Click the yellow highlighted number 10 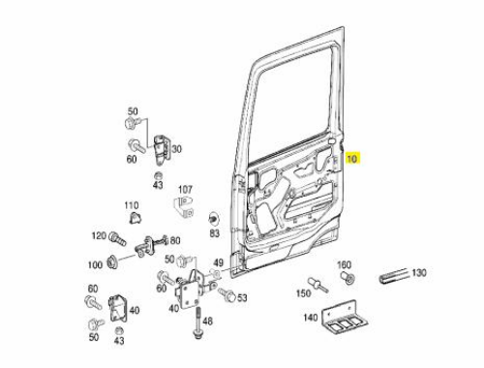click(352, 159)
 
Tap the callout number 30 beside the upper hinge click(176, 149)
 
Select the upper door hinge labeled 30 click(161, 150)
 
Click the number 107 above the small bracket click(185, 190)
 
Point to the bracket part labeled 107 click(184, 206)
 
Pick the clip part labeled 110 click(135, 218)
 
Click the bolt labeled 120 click(117, 239)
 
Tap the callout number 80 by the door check click(175, 240)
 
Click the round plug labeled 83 click(213, 218)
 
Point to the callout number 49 click(218, 262)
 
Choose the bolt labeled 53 click(227, 294)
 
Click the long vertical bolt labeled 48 click(197, 323)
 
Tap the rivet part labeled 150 click(318, 285)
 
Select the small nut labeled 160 click(348, 278)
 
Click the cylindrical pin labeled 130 click(394, 276)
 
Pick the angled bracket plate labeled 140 click(345, 318)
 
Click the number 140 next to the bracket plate click(311, 318)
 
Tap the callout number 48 click(208, 322)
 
